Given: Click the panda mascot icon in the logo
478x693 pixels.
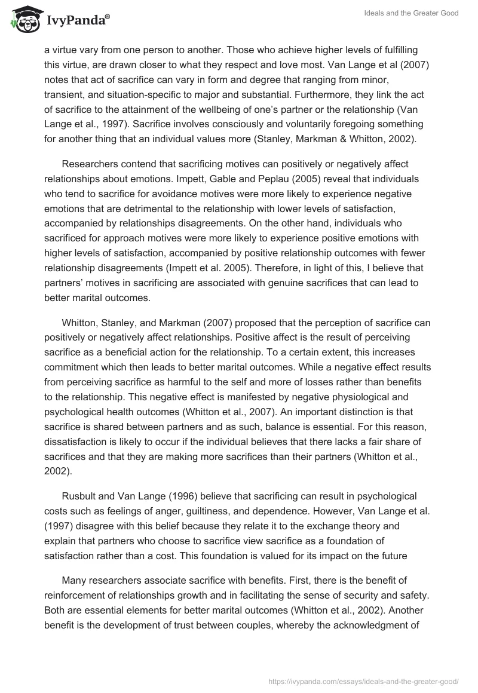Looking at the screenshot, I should point(23,19).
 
